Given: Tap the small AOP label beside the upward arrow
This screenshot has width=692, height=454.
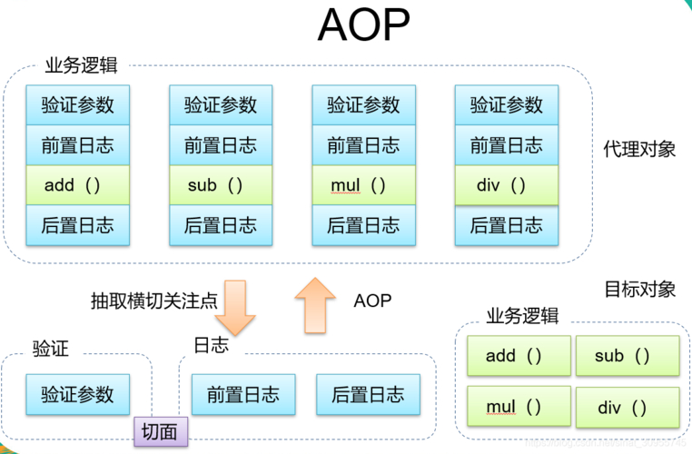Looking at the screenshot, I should coord(372,300).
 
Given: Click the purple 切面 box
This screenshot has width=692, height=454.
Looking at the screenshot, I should coord(161,431).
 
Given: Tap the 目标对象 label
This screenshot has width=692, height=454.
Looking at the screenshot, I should coord(639,289).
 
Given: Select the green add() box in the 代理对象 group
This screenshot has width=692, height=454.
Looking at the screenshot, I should coord(77,185).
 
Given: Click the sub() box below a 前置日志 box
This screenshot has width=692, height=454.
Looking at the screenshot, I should coord(221,185).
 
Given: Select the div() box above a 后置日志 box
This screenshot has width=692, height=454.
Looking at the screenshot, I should coord(506,185).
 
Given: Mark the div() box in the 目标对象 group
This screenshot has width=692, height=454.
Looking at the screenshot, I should coord(628,407).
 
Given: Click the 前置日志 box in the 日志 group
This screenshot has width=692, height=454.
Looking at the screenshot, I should coord(242,395).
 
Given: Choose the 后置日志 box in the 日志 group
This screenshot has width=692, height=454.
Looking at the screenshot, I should coord(368,395).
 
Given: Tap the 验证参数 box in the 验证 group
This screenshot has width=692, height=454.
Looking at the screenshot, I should coord(77,395).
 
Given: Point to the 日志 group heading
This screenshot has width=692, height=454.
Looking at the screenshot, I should coord(211,346).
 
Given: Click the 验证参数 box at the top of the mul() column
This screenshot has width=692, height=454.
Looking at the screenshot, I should coord(363,104).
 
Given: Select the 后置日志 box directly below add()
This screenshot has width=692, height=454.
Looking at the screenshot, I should coord(77,225).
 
